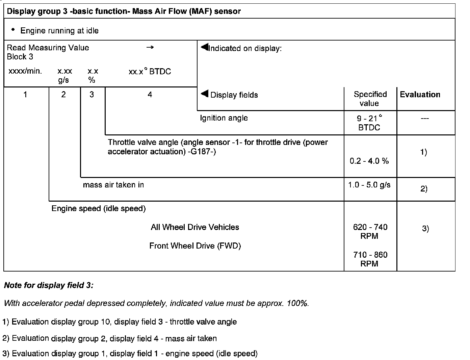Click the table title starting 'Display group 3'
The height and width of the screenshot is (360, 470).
coord(124,11)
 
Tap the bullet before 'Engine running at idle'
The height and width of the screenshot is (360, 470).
coord(13,30)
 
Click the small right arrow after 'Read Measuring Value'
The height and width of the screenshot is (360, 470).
coord(150,47)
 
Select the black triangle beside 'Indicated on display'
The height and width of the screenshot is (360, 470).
coord(205,47)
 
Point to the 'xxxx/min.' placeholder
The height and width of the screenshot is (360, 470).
coord(25,71)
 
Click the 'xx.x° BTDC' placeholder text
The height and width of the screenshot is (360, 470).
coord(150,72)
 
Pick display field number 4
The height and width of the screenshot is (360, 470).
coord(150,95)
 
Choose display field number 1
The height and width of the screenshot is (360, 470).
coord(25,95)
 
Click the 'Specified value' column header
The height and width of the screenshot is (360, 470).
coord(370,99)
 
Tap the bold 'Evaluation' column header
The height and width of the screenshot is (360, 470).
coord(420,95)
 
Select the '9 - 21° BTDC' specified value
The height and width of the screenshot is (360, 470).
coord(370,123)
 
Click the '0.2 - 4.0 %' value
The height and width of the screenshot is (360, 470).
coord(369,161)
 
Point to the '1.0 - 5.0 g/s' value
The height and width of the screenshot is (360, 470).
coord(369,185)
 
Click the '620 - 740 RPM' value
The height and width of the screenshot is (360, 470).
coord(370,231)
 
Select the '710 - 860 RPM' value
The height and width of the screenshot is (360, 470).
coord(370,259)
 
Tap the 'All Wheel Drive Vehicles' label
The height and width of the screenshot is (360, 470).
coord(195,227)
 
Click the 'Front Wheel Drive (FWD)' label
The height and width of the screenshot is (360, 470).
coord(195,246)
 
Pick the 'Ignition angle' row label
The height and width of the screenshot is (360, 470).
coord(224,118)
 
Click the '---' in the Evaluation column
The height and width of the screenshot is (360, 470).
coord(425,119)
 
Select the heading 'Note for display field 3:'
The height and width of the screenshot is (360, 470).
coord(49,285)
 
